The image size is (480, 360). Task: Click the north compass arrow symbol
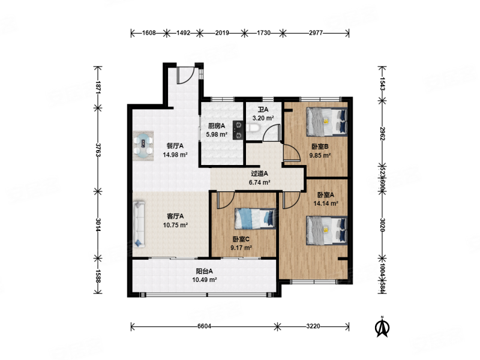coord(382,326)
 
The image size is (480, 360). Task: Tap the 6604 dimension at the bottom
coord(204,326)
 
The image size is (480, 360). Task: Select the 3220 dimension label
coord(313,326)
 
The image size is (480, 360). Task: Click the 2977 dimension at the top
coord(316,33)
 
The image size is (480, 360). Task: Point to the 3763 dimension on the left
coord(98,149)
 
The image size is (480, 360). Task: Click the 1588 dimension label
coord(98,276)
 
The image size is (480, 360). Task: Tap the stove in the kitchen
coord(238,130)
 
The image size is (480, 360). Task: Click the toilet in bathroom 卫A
coord(253,128)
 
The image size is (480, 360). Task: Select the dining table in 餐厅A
coord(143,145)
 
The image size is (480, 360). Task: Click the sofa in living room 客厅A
coord(139,224)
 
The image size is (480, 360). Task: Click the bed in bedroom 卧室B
coord(327,122)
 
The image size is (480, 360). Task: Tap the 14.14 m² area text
coord(326,203)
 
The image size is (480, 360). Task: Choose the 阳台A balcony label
coord(204,271)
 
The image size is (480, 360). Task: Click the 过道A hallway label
coord(260,173)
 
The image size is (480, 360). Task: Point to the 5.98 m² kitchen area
coord(217,134)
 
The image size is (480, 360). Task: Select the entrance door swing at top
coord(186,76)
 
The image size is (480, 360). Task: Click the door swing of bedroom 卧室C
coord(226,200)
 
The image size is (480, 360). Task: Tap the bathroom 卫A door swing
coord(272,132)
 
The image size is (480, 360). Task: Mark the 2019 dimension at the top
coord(222,33)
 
